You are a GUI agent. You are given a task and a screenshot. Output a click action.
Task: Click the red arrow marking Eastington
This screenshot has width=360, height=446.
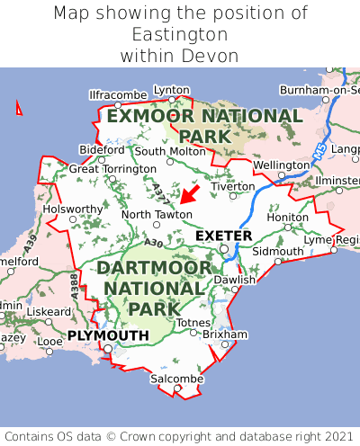(x=188, y=194)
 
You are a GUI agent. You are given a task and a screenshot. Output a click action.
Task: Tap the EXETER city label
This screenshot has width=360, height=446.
(x=224, y=236)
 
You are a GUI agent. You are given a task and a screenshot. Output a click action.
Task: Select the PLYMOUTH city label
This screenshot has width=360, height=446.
(x=108, y=335)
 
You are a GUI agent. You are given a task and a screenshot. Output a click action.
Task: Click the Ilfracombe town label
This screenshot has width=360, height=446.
(x=118, y=94)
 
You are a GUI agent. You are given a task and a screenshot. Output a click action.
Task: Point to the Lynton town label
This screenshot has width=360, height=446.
(x=172, y=90)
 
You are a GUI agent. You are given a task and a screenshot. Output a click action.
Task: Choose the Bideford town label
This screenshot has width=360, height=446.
(x=102, y=149)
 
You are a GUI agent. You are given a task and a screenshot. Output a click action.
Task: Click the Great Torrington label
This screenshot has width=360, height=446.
(x=112, y=168)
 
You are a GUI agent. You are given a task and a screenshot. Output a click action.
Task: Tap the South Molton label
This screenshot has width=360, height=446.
(x=170, y=151)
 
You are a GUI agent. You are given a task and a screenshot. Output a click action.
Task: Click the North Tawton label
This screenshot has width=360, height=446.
(x=157, y=214)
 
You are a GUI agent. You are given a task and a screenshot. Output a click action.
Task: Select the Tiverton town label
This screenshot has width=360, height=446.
(x=234, y=186)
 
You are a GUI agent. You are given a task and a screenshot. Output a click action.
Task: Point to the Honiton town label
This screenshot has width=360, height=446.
(x=288, y=217)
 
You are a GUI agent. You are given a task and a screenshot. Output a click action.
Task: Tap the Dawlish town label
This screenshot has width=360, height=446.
(x=235, y=280)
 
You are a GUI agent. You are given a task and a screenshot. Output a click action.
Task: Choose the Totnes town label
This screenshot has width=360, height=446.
(x=193, y=322)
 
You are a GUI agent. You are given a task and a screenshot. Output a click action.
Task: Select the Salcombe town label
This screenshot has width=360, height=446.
(x=176, y=379)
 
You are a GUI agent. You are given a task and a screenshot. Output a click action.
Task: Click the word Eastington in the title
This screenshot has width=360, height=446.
(x=180, y=35)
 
